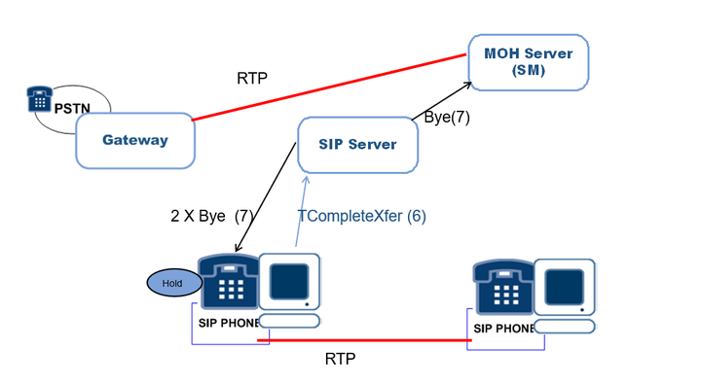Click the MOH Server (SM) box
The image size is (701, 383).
click(x=529, y=62)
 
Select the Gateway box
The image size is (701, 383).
click(x=135, y=141)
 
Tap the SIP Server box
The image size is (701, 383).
click(x=357, y=145)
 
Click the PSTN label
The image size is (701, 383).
click(x=72, y=108)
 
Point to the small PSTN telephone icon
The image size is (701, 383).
click(x=39, y=99)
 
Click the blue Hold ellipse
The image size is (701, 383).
click(x=174, y=283)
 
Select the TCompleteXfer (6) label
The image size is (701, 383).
click(x=361, y=216)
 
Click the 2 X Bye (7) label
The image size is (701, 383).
click(x=212, y=216)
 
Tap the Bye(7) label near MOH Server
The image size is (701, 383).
click(x=447, y=117)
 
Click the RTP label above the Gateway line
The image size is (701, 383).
click(x=252, y=78)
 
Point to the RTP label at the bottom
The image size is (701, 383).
click(x=340, y=359)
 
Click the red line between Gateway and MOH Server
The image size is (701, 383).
click(x=329, y=87)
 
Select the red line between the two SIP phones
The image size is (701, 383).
click(x=364, y=340)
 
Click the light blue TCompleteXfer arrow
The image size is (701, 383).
click(x=301, y=211)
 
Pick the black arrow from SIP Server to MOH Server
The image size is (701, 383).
click(x=442, y=101)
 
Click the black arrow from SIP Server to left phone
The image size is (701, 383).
click(x=266, y=197)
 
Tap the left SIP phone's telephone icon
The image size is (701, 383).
click(x=229, y=282)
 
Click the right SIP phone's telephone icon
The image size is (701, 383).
click(x=504, y=288)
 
